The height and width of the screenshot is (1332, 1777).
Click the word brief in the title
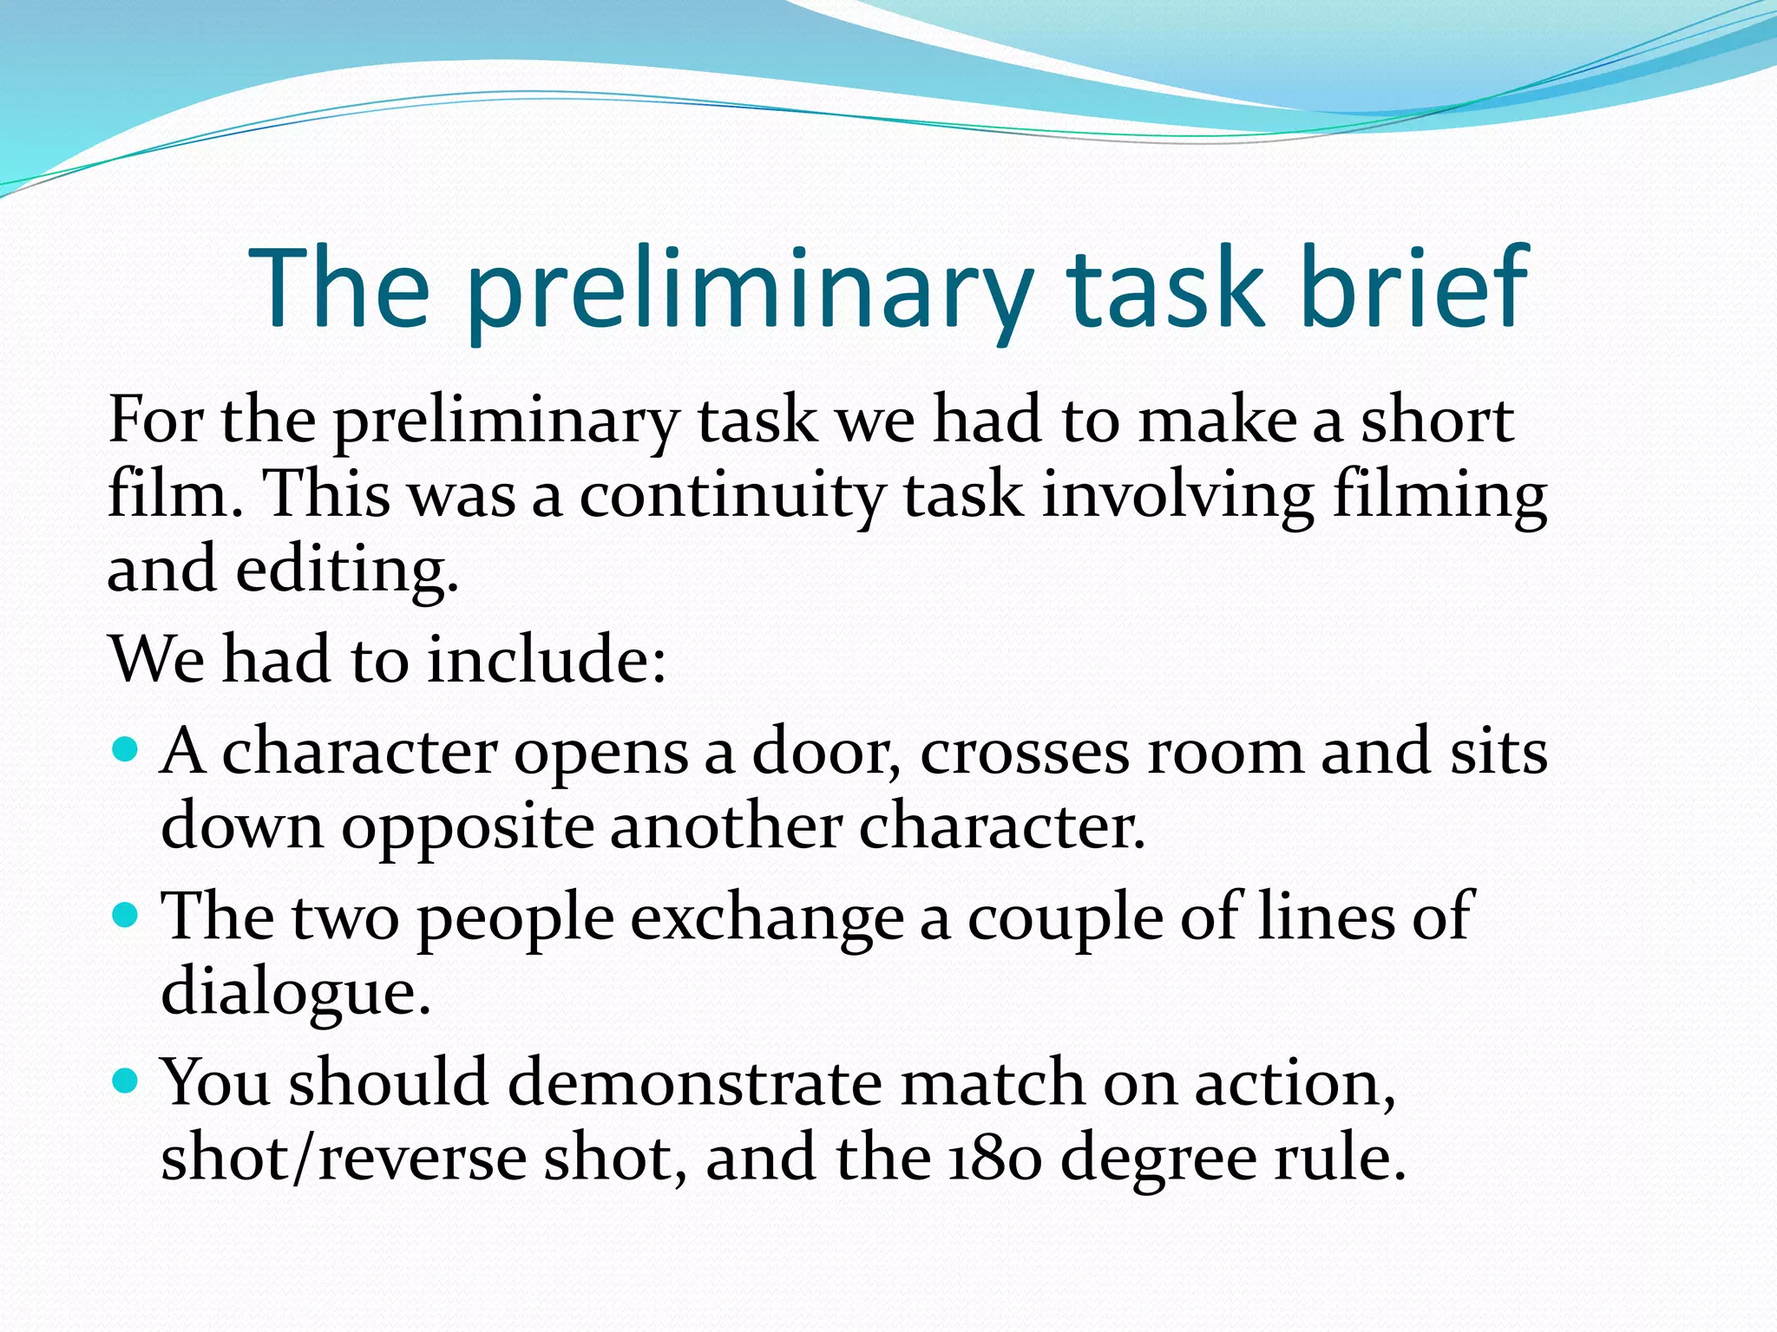tap(1413, 286)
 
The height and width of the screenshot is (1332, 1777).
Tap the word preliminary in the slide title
tap(748, 291)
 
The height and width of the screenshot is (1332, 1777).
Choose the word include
tap(547, 659)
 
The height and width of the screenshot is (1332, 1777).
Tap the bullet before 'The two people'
tap(127, 914)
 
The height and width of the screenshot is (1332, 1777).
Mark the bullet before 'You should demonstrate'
tap(127, 1081)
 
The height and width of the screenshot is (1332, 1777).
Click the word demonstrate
tap(694, 1084)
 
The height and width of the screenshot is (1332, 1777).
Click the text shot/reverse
tap(344, 1159)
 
